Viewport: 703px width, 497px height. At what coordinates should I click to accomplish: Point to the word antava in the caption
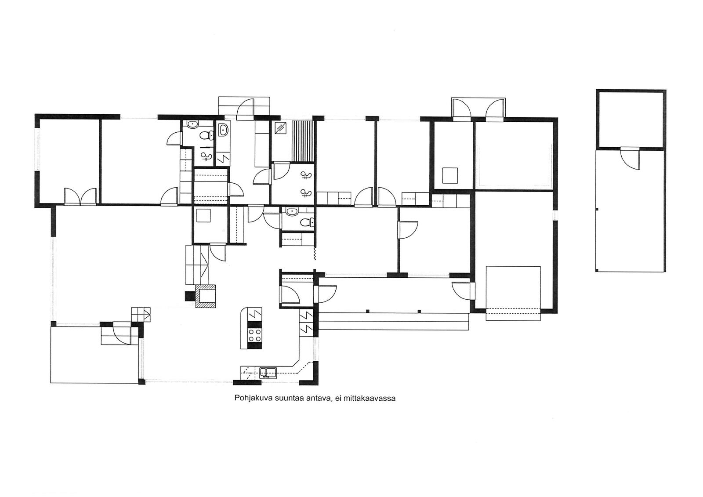(x=320, y=399)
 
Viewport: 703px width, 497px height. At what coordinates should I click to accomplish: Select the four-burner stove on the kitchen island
(x=255, y=335)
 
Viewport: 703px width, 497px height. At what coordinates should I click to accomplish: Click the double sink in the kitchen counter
(x=268, y=373)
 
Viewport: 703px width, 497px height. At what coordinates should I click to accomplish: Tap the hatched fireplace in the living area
(x=206, y=296)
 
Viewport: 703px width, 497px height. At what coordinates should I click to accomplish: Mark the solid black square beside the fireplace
(x=189, y=296)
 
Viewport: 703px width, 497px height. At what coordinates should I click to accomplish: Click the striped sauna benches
(x=303, y=141)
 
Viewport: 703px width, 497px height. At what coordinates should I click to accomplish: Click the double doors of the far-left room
(x=80, y=196)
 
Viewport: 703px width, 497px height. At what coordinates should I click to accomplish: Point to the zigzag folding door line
(x=315, y=253)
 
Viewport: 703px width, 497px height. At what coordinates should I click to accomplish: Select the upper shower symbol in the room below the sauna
(x=306, y=176)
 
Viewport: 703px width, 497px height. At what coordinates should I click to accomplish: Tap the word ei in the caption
(x=338, y=399)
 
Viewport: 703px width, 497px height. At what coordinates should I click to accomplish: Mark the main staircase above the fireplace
(x=197, y=265)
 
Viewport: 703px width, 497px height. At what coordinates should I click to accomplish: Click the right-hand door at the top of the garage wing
(x=495, y=110)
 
